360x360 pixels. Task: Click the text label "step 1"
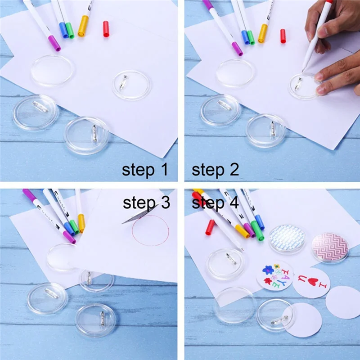coord(144,170)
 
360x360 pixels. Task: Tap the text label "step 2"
coord(215,170)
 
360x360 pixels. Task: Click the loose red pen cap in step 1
coord(106,28)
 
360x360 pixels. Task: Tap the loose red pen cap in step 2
coord(283,36)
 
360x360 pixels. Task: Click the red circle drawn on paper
coord(150,230)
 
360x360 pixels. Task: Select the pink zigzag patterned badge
coord(330,247)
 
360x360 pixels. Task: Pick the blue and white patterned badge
coord(287,238)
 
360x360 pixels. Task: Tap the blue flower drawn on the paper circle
coord(268,270)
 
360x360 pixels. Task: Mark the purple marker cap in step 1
coord(54,43)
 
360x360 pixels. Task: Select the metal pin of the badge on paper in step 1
coord(122,83)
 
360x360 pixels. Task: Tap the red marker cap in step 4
coord(210,227)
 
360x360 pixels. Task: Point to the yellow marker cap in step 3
coord(81,223)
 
